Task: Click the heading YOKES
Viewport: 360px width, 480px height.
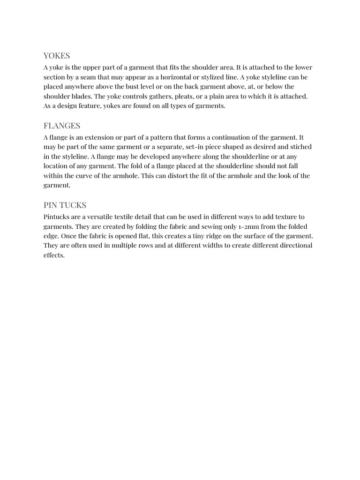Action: tap(57, 56)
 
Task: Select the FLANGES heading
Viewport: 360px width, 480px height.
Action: tap(62, 126)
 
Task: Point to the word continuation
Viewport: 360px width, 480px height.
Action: tap(233, 137)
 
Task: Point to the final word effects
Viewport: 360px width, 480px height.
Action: tap(53, 255)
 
